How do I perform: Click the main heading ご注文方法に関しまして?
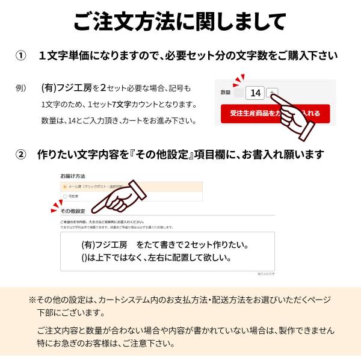(180, 22)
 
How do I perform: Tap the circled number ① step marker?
(21, 55)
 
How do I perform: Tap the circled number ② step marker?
(21, 155)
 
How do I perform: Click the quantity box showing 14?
(255, 93)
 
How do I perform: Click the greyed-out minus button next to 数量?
(239, 93)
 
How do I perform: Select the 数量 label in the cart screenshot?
(226, 93)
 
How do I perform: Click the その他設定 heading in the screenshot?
(73, 211)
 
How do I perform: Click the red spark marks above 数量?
(239, 80)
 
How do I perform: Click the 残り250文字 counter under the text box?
(265, 274)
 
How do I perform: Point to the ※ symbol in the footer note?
(32, 300)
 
